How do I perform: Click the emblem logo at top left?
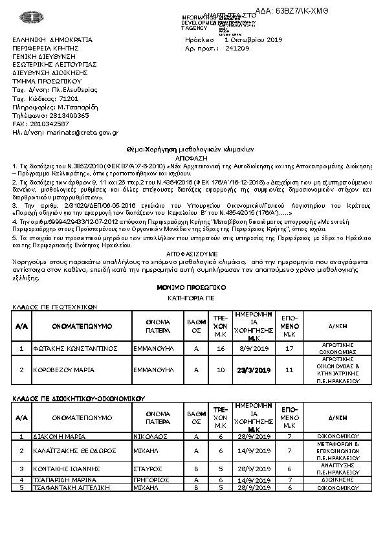(28, 17)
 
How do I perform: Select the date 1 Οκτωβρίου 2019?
(249, 39)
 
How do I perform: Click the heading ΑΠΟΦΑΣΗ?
(192, 157)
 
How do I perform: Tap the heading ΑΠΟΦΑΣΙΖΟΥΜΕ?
(192, 254)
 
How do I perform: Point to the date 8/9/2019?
(254, 348)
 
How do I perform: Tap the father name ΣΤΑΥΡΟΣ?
(149, 467)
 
